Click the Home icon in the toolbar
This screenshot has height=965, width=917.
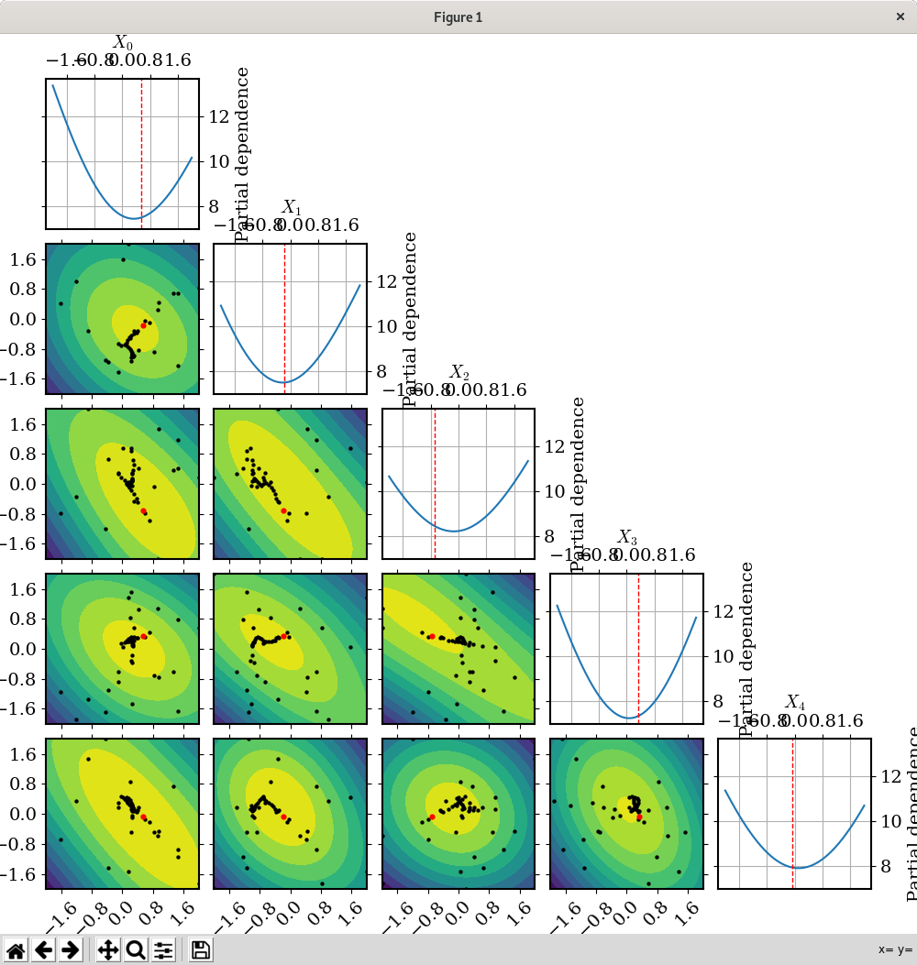tap(16, 949)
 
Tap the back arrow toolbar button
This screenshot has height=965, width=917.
tap(43, 949)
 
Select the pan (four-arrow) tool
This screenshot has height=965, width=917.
tap(108, 949)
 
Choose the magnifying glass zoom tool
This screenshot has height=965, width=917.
tap(136, 949)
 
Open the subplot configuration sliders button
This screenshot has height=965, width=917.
tap(163, 949)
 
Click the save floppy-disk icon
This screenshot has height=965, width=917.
tap(201, 949)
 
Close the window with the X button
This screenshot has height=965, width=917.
tap(900, 16)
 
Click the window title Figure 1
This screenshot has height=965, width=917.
tap(458, 16)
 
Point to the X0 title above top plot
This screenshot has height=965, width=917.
tap(123, 42)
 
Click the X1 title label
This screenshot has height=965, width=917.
tap(291, 207)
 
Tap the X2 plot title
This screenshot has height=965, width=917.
tap(459, 372)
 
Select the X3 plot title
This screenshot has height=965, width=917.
tap(627, 537)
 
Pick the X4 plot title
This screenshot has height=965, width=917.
tap(796, 703)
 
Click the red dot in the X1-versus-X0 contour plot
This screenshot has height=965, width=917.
tap(143, 325)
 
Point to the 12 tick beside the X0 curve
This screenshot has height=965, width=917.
tap(218, 116)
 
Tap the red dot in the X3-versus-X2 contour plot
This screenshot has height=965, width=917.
tap(432, 636)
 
